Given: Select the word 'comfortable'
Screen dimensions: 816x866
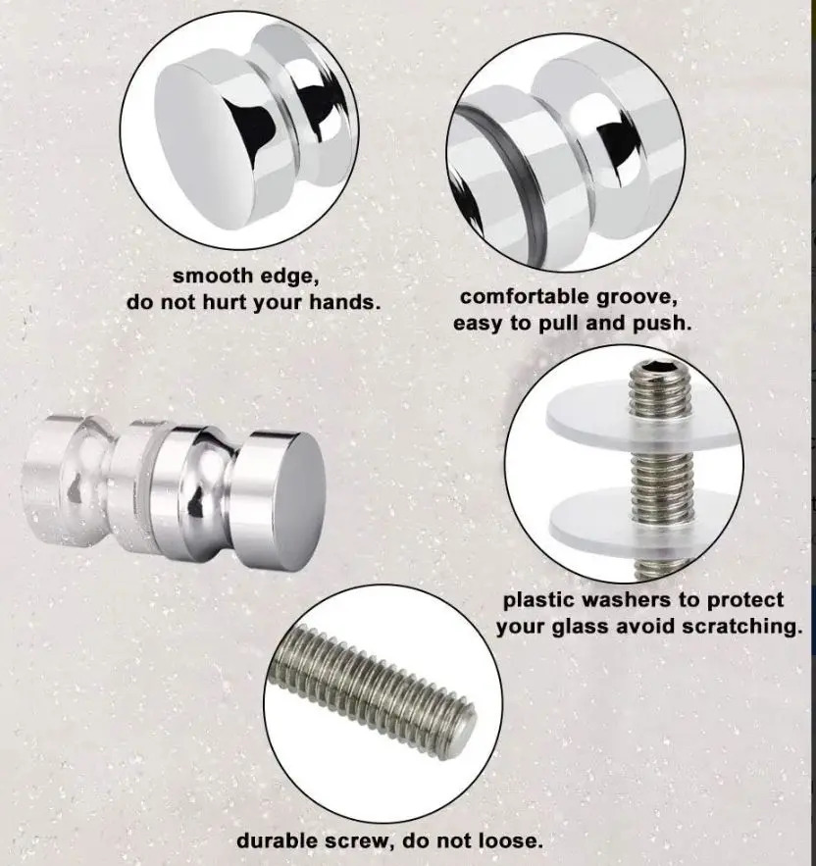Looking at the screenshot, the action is click(x=525, y=297).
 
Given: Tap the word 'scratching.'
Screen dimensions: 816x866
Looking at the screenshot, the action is click(x=741, y=628).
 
